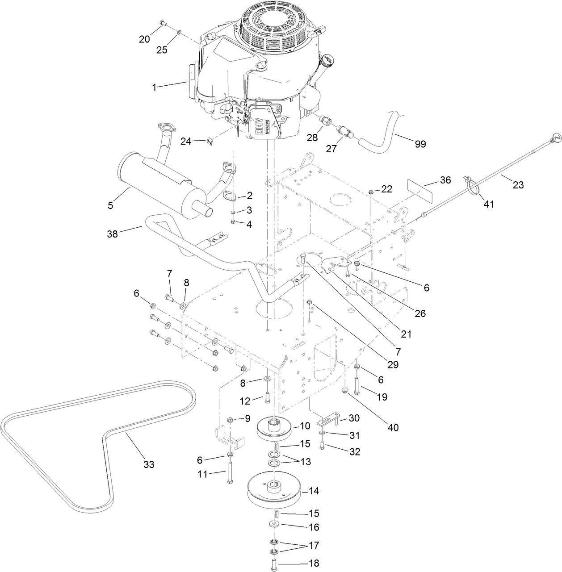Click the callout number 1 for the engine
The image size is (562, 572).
(x=154, y=88)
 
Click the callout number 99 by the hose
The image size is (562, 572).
(x=420, y=144)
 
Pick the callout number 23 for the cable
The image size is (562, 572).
(x=518, y=184)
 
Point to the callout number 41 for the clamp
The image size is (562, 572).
(x=489, y=204)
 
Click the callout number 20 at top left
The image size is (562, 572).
(x=144, y=39)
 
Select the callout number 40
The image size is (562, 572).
(x=393, y=427)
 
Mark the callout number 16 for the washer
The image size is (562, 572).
(x=314, y=527)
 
